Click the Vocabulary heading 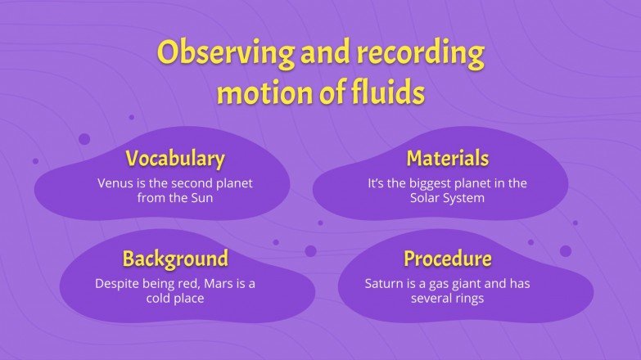click(x=174, y=158)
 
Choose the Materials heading click(x=448, y=158)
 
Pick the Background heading click(x=174, y=259)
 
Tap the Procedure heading click(x=448, y=259)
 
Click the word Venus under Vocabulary click(x=115, y=183)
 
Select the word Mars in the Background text click(x=220, y=285)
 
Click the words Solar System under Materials click(x=448, y=198)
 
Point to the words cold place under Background click(x=174, y=299)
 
